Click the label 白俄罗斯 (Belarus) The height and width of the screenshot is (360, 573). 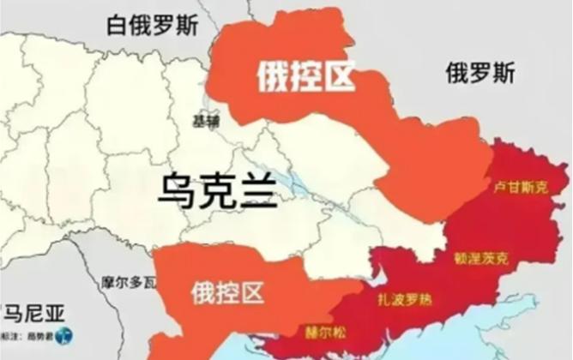152,24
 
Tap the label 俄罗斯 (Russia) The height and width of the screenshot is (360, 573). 480,74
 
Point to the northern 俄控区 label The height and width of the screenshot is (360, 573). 305,78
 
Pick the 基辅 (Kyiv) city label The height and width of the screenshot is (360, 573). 206,121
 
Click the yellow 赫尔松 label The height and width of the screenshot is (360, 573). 321,329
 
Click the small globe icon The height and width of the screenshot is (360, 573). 65,335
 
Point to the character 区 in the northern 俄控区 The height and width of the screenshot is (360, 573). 339,78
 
